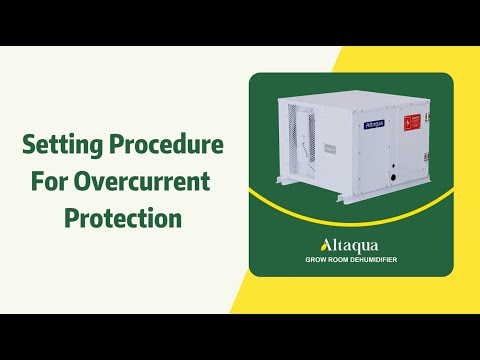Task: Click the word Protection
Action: (x=122, y=217)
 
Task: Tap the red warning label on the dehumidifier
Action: (x=411, y=122)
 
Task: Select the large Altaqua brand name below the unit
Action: (x=349, y=245)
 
